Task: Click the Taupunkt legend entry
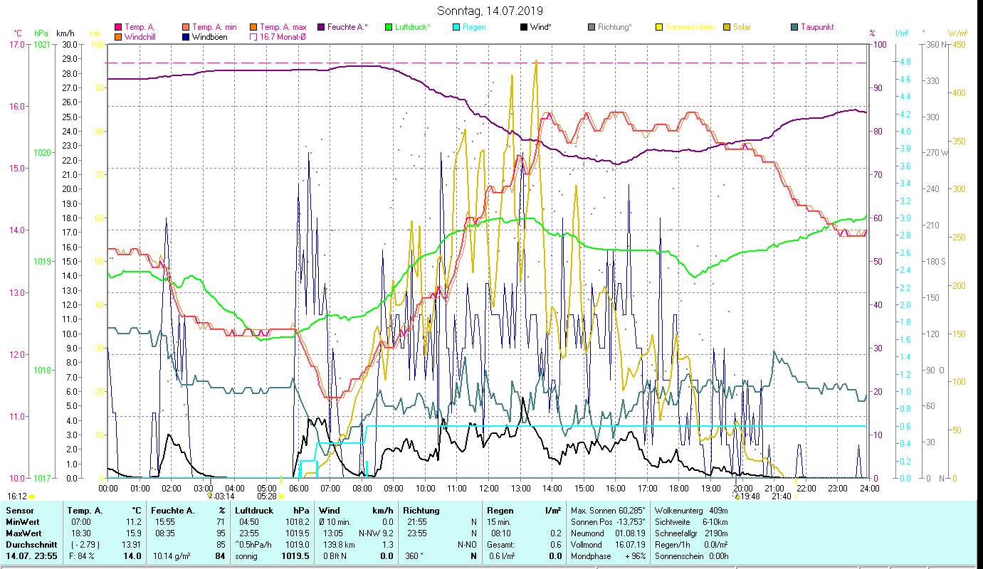point(816,27)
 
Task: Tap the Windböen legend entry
point(209,36)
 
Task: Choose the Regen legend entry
point(474,27)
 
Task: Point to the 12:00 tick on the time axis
point(489,488)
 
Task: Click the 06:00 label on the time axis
point(298,488)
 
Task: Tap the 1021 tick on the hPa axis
point(42,45)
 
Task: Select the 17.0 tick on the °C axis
point(16,45)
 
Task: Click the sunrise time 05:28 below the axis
point(267,496)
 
